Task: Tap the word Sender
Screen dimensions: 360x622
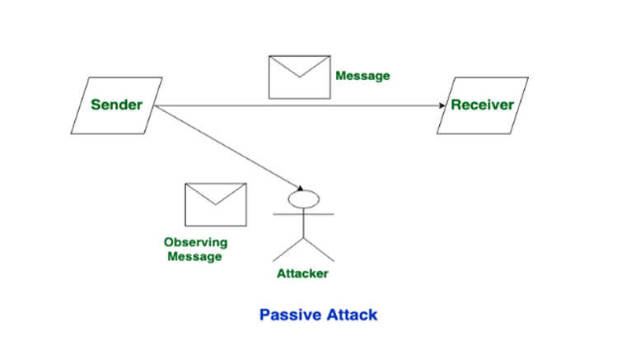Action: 116,105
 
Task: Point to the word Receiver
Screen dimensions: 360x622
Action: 482,105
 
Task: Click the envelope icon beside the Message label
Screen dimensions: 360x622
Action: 299,77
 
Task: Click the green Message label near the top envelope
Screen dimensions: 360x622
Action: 362,76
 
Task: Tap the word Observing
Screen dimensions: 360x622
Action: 195,243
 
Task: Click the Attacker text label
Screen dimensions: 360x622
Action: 302,273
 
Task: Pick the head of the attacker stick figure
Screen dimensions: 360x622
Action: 302,199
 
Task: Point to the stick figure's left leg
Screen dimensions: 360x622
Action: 288,249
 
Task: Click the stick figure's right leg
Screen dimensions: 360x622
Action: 319,249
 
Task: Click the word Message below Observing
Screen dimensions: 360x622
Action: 195,256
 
